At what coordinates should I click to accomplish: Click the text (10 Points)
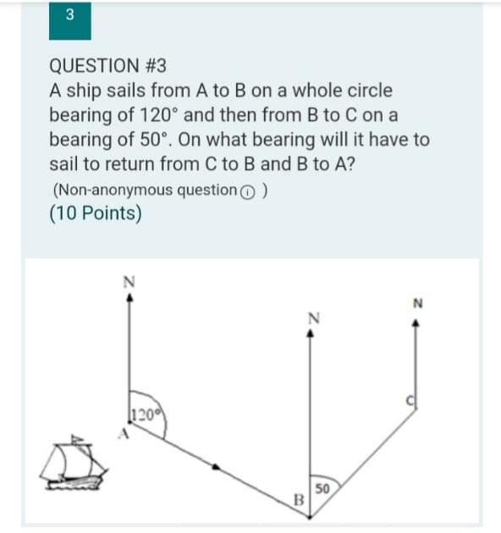[95, 213]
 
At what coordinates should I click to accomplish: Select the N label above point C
[416, 302]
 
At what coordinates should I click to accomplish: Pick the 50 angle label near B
[322, 488]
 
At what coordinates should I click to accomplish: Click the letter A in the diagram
[122, 435]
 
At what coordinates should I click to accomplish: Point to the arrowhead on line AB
[218, 465]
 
